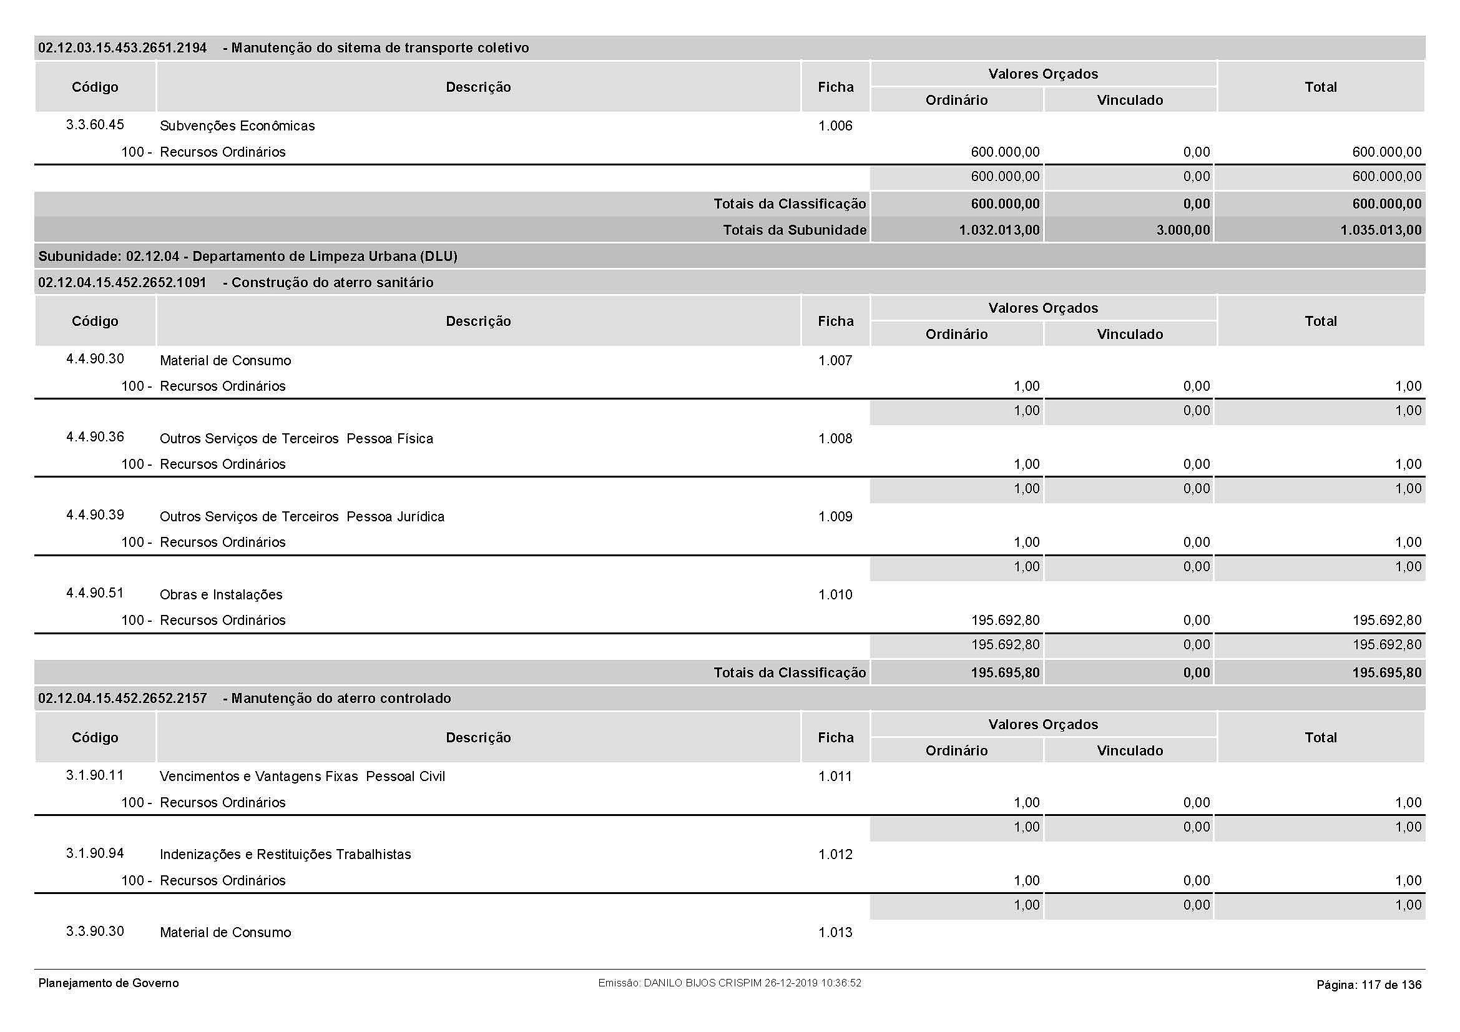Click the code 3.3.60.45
(95, 125)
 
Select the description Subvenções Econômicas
(237, 126)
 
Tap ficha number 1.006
(835, 126)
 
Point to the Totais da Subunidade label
(794, 230)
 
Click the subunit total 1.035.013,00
(1381, 230)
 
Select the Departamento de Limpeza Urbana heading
(247, 256)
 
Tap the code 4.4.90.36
(95, 437)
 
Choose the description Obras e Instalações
(220, 594)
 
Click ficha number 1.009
(835, 516)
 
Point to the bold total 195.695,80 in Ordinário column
(1005, 673)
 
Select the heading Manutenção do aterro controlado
(341, 698)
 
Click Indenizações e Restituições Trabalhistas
(285, 854)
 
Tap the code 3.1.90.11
(95, 775)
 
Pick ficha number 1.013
(835, 932)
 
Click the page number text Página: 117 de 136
(1368, 985)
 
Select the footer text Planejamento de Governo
(109, 983)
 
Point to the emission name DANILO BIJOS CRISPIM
(702, 983)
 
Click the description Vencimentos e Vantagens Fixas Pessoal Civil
(302, 777)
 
